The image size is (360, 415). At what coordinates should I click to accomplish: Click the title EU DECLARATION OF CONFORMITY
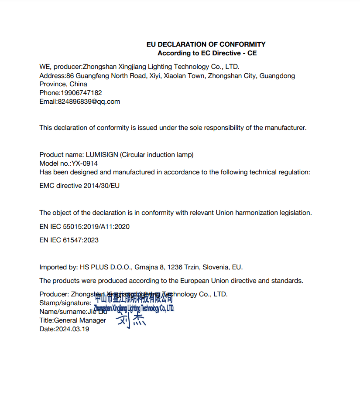click(206, 44)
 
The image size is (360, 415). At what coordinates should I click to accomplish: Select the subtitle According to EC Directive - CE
click(207, 53)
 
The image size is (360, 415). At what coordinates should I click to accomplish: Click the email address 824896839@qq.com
click(89, 102)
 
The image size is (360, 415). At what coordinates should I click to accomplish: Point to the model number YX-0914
click(85, 163)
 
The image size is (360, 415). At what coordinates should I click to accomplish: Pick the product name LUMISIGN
click(102, 155)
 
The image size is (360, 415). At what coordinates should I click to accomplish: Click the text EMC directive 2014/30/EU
click(79, 186)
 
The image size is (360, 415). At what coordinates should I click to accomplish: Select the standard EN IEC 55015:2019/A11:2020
click(84, 227)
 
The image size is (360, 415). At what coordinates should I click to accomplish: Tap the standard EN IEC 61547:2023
click(69, 240)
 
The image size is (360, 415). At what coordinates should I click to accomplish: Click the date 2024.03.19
click(72, 329)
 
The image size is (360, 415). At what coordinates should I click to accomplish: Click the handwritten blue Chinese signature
click(131, 320)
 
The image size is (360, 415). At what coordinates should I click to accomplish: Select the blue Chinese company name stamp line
click(134, 299)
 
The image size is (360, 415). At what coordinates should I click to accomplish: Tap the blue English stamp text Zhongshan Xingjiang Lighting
click(134, 309)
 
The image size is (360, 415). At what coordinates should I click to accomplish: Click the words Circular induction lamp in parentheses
click(157, 155)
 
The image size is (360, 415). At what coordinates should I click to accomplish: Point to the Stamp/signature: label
click(65, 303)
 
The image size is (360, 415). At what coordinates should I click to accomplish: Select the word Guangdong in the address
click(278, 76)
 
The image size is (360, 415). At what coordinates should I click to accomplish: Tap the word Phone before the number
click(49, 93)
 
